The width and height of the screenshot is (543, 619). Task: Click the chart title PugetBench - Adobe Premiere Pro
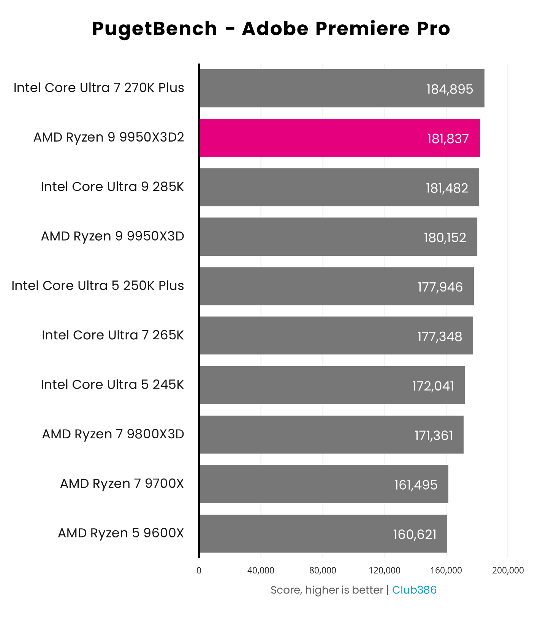click(x=271, y=29)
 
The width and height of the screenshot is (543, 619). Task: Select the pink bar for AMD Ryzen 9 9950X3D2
click(x=339, y=138)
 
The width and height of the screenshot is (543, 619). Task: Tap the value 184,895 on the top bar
click(x=450, y=89)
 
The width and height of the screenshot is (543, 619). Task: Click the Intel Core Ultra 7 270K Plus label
click(x=99, y=88)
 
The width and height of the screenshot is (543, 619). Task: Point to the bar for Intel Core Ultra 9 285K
click(x=339, y=187)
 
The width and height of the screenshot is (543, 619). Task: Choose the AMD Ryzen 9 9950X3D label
click(x=112, y=236)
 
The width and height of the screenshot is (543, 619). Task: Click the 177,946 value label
click(x=440, y=287)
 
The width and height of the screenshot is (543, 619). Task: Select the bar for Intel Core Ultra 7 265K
click(x=336, y=335)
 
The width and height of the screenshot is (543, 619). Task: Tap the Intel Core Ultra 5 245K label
click(x=112, y=384)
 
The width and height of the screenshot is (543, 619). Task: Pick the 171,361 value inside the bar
click(x=434, y=435)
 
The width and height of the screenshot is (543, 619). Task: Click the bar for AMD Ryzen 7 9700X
click(x=324, y=484)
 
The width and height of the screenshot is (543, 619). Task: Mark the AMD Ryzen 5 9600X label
click(x=121, y=533)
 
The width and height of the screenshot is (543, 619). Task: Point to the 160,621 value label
click(x=415, y=534)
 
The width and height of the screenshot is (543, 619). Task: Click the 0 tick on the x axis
click(x=199, y=570)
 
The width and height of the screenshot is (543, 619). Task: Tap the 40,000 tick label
click(x=261, y=570)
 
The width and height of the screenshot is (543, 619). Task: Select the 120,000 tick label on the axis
click(x=385, y=570)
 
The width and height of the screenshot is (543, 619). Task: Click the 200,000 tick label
click(x=508, y=570)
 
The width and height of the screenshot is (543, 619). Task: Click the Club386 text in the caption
click(x=414, y=590)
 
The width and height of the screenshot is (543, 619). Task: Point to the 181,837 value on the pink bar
click(x=448, y=139)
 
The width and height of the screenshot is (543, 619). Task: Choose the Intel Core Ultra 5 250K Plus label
click(x=98, y=285)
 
